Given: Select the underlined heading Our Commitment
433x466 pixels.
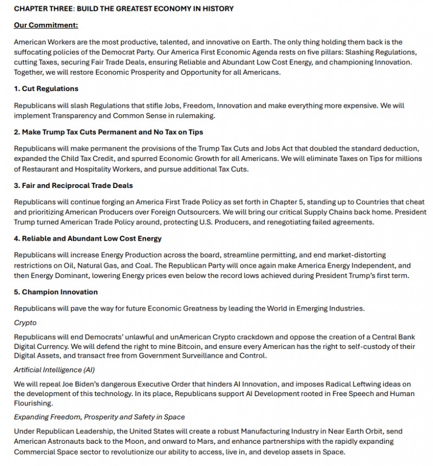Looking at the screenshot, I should tap(45, 25).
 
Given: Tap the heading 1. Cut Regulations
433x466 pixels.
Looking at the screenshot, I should tap(46, 88).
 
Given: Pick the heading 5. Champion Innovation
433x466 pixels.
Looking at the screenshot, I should tap(56, 292).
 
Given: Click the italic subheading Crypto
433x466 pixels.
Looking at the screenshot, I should tap(25, 322).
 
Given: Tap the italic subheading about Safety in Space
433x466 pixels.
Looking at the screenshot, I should tap(99, 417).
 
